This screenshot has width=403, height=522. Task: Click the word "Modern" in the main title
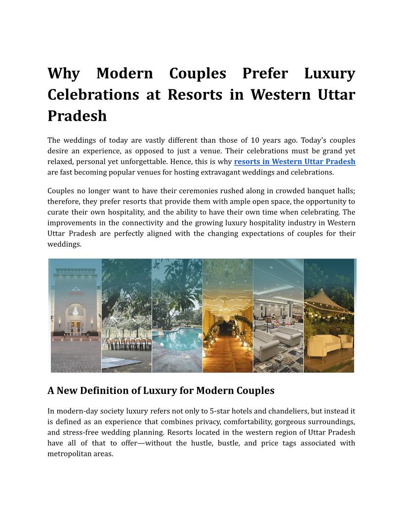point(124,74)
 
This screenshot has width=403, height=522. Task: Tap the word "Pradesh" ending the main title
point(77,116)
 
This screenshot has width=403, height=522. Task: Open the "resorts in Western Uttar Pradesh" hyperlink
point(294,162)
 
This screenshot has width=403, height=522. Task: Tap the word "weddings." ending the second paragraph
point(64,244)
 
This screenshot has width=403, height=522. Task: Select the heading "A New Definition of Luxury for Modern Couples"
point(161,391)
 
